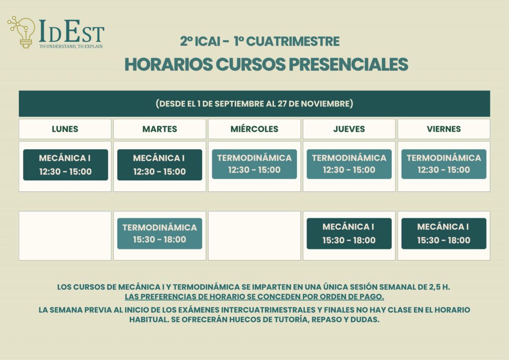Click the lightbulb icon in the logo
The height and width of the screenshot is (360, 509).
(x=22, y=32)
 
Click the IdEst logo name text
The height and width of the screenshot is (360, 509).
(x=72, y=31)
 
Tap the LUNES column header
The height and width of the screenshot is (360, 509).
(x=65, y=129)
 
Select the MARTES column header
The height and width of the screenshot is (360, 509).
(x=160, y=129)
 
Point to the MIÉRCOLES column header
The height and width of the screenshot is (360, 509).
(x=254, y=129)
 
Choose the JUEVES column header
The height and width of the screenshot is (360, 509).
(x=349, y=129)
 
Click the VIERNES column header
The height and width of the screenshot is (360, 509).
(x=444, y=129)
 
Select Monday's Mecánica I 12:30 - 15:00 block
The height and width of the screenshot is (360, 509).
(x=66, y=165)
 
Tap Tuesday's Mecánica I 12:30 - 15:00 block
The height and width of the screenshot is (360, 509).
(x=160, y=165)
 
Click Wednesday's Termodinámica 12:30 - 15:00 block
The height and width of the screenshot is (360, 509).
(x=254, y=164)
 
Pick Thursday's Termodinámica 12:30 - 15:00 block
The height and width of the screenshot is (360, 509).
(x=349, y=164)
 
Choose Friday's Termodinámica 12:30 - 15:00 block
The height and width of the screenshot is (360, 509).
(x=444, y=164)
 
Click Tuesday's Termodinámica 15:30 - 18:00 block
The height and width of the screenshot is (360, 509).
(x=160, y=233)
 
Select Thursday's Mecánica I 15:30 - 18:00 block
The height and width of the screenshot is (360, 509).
(x=349, y=233)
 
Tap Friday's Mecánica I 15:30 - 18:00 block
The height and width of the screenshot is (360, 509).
(x=444, y=233)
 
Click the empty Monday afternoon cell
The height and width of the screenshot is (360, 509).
(x=65, y=236)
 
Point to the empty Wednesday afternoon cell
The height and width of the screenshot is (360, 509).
(x=254, y=236)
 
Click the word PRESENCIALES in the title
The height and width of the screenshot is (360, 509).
(x=348, y=64)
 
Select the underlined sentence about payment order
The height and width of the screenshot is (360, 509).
(x=254, y=297)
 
